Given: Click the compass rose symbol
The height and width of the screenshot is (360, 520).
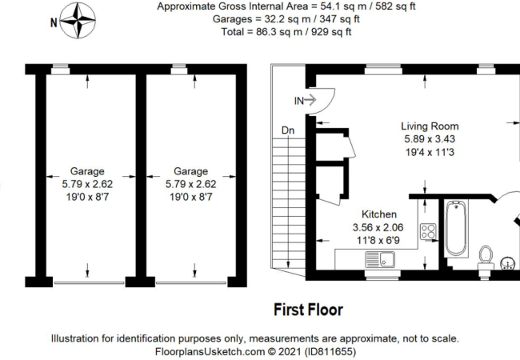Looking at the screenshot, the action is [78, 21].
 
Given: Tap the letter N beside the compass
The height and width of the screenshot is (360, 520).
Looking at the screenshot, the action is [54, 22].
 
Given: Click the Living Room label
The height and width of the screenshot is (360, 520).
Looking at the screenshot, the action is [430, 126].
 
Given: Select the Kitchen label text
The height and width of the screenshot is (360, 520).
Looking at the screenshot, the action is [379, 214].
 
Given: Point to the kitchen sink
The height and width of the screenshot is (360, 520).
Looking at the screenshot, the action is [380, 259].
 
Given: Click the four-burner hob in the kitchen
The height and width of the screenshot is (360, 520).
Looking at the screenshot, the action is [428, 231].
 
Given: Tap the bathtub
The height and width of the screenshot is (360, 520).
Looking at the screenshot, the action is [456, 228].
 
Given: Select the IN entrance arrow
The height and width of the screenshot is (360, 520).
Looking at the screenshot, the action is [310, 100].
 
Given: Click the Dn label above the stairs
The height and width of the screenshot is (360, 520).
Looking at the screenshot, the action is [288, 130].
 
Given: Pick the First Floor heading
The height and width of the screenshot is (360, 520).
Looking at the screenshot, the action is [309, 310].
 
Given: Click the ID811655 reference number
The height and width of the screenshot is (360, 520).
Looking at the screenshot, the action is [330, 351].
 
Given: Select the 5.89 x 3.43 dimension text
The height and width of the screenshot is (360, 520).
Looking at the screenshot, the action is [430, 139].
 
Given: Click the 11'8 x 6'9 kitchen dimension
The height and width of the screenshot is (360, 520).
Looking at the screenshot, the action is [378, 240].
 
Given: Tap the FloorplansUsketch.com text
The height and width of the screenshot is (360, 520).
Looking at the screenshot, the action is [210, 351].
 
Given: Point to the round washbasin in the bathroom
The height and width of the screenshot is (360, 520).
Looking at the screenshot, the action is [508, 263].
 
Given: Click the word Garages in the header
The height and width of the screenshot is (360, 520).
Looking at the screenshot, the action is [233, 19].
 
